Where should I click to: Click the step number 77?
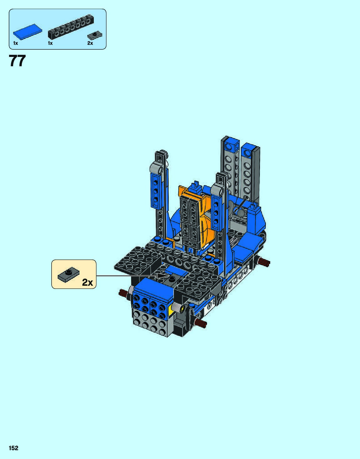[x=17, y=61]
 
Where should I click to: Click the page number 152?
[x=13, y=448]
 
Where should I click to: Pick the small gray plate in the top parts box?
[x=95, y=36]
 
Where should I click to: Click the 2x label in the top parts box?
[x=90, y=43]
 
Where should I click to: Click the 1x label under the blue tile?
[x=15, y=43]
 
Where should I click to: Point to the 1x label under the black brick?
[x=50, y=43]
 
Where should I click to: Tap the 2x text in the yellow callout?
[x=88, y=282]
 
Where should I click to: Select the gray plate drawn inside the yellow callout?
[x=68, y=275]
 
